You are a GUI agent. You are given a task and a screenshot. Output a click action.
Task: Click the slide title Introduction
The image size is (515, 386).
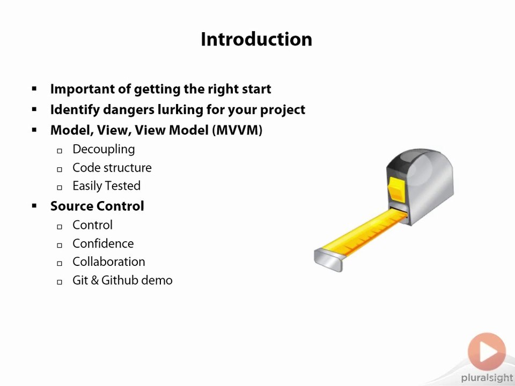[x=256, y=39]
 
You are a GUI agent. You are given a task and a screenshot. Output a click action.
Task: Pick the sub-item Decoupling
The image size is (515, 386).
[x=104, y=150]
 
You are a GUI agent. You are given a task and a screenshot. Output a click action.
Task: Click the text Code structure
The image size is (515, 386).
[x=112, y=168]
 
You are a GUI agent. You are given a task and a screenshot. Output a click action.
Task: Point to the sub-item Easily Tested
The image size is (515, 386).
[x=106, y=186]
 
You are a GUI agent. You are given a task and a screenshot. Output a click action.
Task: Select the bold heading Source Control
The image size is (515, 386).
[x=97, y=206]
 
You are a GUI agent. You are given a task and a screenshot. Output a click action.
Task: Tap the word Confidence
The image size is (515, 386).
[x=103, y=243]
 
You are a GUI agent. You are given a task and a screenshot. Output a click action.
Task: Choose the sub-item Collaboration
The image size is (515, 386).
[x=109, y=262]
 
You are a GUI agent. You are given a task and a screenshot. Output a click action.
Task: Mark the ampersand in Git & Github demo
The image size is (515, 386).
[x=95, y=280]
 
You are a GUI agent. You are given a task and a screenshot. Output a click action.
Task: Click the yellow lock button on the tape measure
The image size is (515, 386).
[x=396, y=188]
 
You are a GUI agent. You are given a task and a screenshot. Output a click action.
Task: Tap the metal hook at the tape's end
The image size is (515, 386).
[x=328, y=260]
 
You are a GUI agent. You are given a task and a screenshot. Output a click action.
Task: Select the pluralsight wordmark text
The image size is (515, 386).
[x=487, y=378]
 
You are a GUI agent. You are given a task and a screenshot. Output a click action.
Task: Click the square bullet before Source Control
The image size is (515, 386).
[x=34, y=206]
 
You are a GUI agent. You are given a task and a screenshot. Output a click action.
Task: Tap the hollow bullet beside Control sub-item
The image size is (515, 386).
[x=60, y=226]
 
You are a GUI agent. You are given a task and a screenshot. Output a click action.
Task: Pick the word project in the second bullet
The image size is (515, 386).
[x=283, y=110]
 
